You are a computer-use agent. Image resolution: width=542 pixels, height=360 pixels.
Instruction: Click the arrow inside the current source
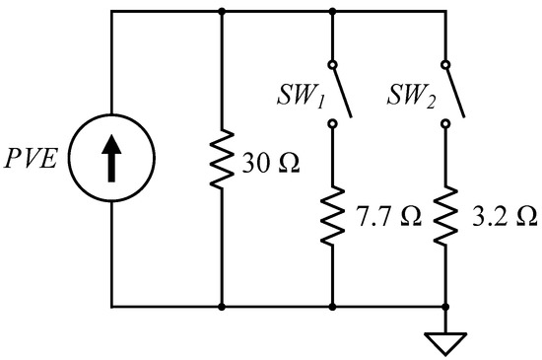coord(111,159)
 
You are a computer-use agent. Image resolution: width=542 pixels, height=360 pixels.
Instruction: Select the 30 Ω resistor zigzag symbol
coord(222,158)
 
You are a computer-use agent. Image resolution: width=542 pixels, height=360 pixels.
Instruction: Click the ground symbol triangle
coord(445,342)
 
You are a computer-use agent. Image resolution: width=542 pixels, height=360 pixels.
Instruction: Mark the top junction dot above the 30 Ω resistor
coord(222,11)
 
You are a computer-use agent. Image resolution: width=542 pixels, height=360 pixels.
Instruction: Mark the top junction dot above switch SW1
coord(333,11)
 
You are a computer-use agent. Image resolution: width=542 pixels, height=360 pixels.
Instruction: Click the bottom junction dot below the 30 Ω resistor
coord(222,307)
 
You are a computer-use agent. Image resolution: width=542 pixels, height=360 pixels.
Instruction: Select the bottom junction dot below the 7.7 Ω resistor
coord(333,307)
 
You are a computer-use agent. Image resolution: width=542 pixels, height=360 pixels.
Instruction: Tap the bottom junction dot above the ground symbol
coord(445,307)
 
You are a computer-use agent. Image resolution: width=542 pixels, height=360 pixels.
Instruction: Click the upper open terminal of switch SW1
coord(333,67)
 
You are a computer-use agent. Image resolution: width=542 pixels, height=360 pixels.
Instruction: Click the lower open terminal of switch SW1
coord(333,124)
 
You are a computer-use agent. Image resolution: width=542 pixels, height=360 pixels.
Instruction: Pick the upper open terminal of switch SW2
coord(445,67)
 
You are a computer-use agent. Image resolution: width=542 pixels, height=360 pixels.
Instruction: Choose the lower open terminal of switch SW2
coord(445,124)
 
